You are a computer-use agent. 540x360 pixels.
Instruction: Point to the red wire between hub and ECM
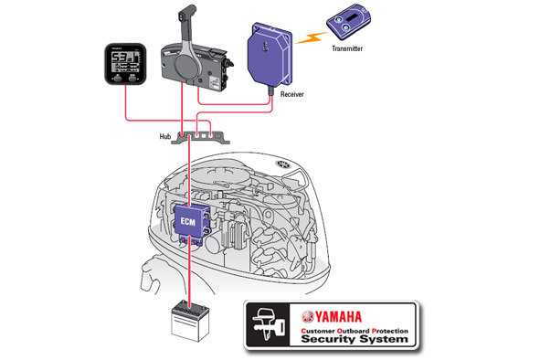click(189, 174)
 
